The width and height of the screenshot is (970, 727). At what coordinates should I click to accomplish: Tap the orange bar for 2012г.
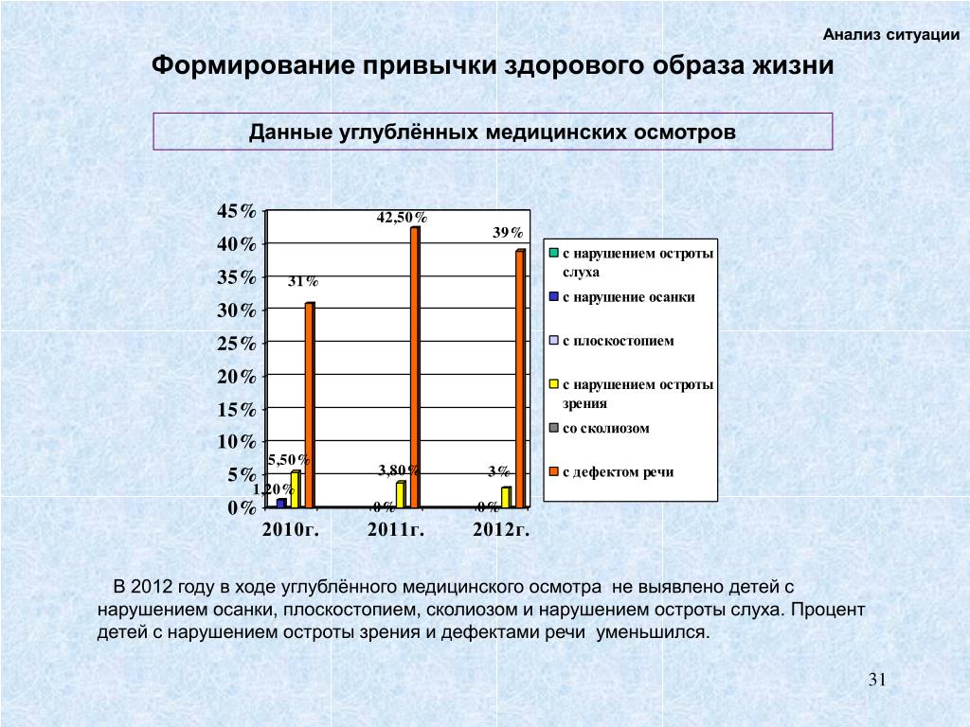coord(520,379)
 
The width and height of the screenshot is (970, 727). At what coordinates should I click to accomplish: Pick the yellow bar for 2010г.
coord(296,488)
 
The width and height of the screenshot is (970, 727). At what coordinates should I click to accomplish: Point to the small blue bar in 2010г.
coord(281,503)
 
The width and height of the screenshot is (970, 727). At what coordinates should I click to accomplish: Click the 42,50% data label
coord(402,218)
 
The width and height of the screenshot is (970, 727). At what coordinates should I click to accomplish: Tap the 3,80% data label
coord(399,470)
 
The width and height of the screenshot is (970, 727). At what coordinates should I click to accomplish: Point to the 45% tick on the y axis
coord(237,211)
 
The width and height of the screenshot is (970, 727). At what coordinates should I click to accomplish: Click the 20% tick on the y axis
coord(237,377)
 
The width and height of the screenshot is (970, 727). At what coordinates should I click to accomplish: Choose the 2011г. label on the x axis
coord(395,529)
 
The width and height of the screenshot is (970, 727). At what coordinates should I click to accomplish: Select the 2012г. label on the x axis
coord(500,529)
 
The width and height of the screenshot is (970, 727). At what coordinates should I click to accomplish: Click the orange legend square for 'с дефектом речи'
coord(554,471)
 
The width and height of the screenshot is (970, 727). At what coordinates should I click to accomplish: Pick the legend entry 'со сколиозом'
coord(605,428)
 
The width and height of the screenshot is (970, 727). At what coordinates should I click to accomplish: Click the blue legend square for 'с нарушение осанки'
coord(554,296)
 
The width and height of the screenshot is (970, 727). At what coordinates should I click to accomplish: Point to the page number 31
coord(876,680)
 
